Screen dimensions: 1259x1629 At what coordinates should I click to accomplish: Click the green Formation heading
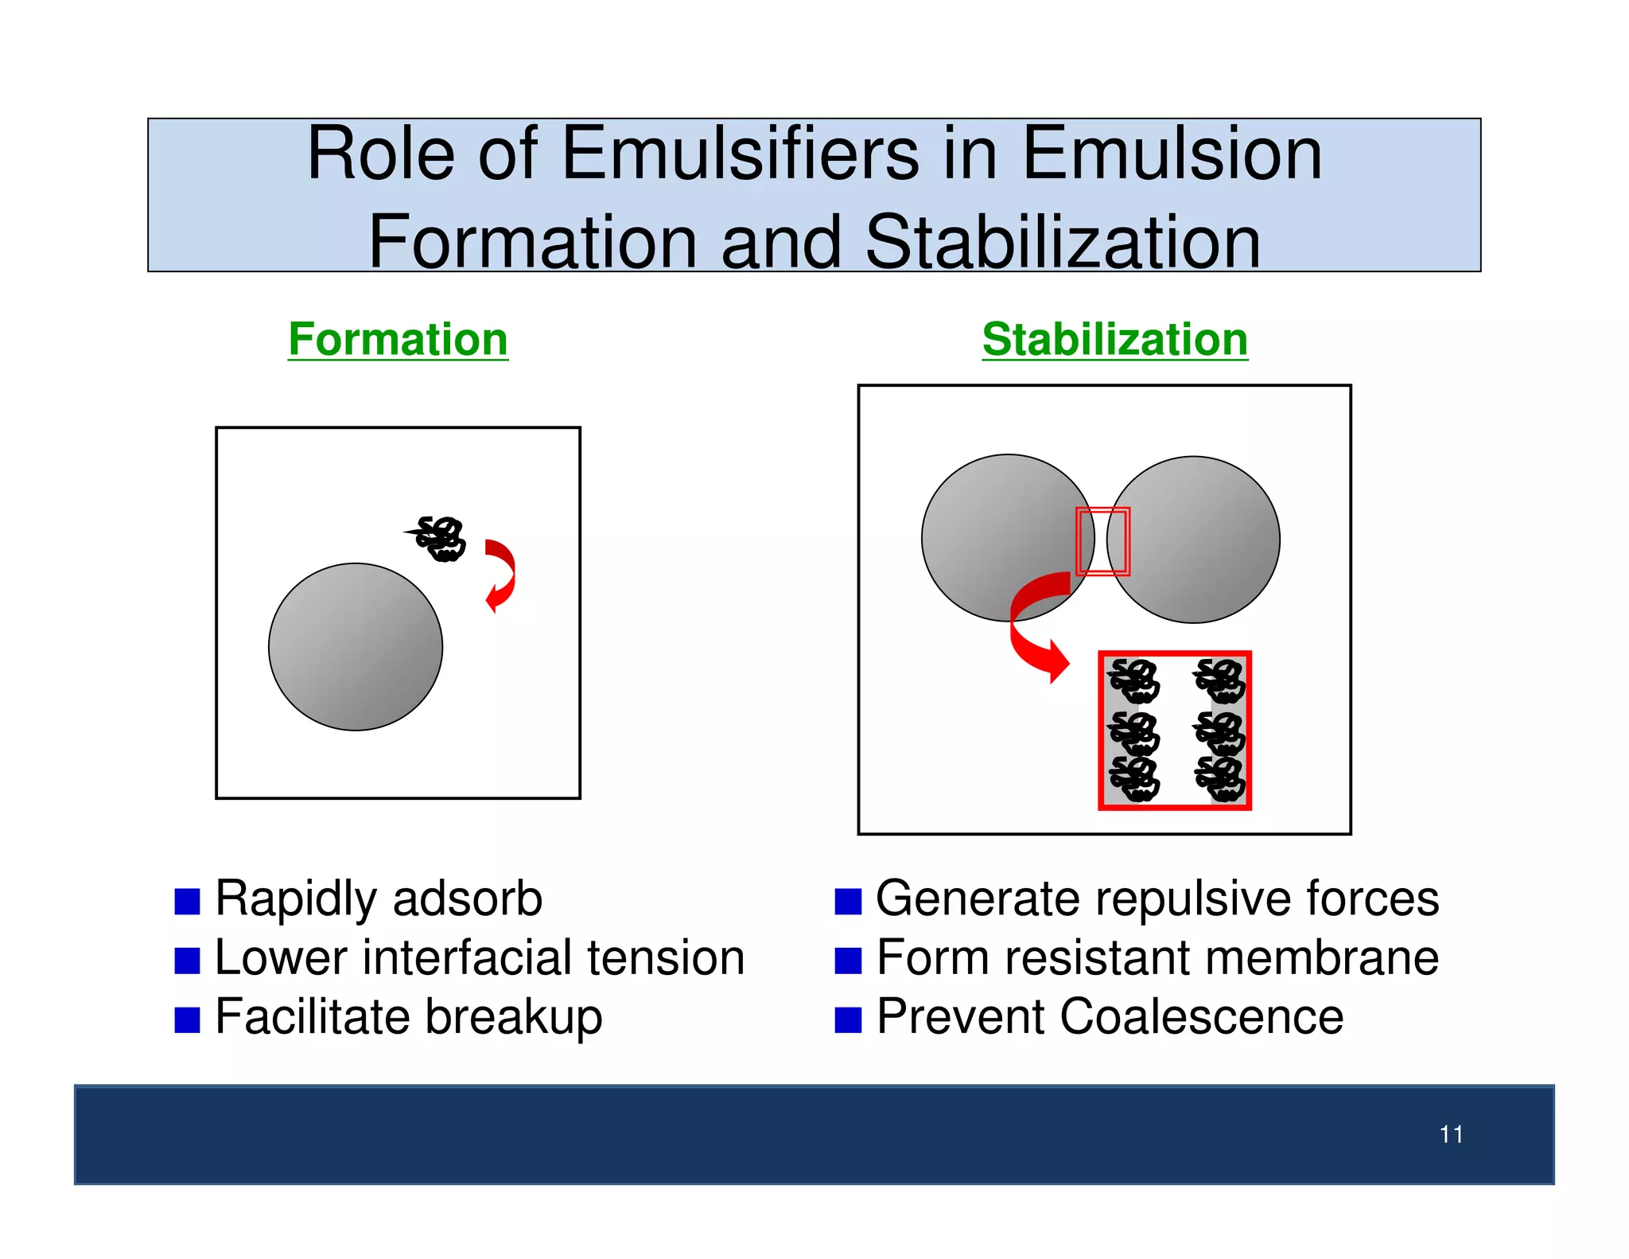point(398,341)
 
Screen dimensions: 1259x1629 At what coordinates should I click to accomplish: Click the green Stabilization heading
point(1114,341)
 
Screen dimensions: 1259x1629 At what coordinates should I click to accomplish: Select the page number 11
point(1451,1134)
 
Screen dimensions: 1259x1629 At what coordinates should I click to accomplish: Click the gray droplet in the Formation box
point(356,647)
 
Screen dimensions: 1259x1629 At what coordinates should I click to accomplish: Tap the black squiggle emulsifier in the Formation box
point(440,539)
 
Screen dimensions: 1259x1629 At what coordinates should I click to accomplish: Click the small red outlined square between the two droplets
point(1102,541)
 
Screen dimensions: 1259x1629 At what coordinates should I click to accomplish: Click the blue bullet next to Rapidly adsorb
point(187,902)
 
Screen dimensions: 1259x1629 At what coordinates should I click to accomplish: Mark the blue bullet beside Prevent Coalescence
point(848,1019)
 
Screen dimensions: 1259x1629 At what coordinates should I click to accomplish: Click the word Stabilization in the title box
point(1062,243)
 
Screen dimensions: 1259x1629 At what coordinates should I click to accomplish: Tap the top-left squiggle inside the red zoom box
point(1134,681)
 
